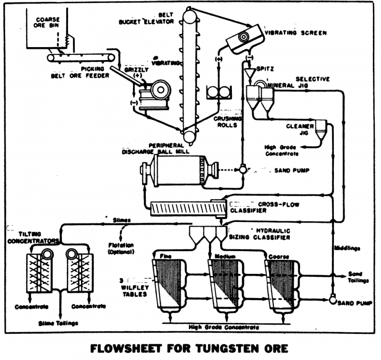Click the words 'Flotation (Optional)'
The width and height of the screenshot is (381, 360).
click(x=121, y=248)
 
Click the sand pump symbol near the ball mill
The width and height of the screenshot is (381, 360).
click(x=242, y=170)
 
